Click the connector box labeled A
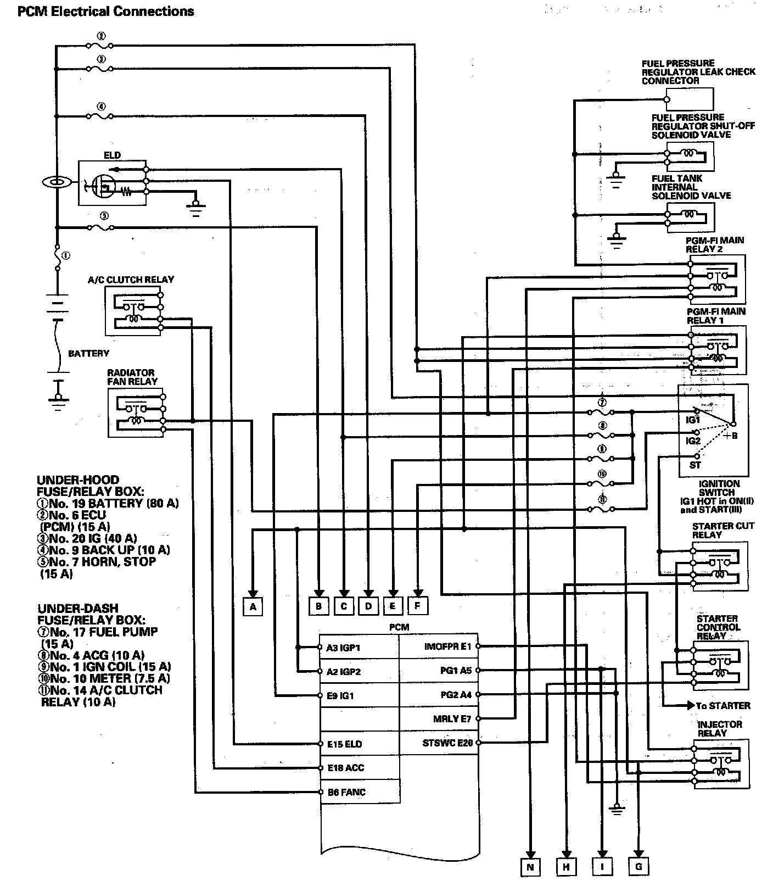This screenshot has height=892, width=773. pyautogui.click(x=253, y=606)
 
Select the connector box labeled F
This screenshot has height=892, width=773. pyautogui.click(x=417, y=606)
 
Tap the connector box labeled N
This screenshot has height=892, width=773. pyautogui.click(x=530, y=867)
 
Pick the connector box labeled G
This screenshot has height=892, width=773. pyautogui.click(x=638, y=867)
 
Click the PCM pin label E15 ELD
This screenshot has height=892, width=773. pyautogui.click(x=345, y=744)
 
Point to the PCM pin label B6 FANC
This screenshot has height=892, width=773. pyautogui.click(x=346, y=792)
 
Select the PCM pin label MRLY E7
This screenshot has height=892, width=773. pyautogui.click(x=452, y=719)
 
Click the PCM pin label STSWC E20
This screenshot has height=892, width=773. pyautogui.click(x=447, y=743)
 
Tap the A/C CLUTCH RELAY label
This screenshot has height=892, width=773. pyautogui.click(x=131, y=280)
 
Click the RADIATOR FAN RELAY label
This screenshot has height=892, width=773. pyautogui.click(x=132, y=377)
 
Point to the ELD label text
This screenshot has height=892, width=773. pyautogui.click(x=112, y=155)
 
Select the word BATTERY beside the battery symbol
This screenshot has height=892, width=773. pyautogui.click(x=88, y=353)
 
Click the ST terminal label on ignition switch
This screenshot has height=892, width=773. pyautogui.click(x=695, y=465)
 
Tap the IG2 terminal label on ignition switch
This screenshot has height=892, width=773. pyautogui.click(x=693, y=441)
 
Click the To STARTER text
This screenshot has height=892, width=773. pyautogui.click(x=722, y=706)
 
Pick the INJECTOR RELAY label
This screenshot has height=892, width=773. pyautogui.click(x=720, y=729)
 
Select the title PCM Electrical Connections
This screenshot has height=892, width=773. pyautogui.click(x=105, y=11)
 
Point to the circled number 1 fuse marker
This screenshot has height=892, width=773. pyautogui.click(x=65, y=255)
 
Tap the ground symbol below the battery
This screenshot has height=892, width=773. pyautogui.click(x=58, y=400)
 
